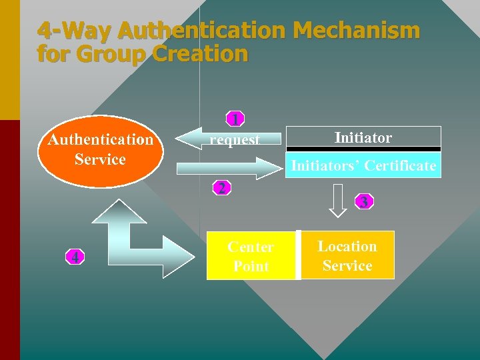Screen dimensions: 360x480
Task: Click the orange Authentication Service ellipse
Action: point(100,149)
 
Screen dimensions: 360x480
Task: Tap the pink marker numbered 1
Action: point(234,120)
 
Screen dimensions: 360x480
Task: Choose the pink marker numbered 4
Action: point(77,257)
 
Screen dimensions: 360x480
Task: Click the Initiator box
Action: point(363,137)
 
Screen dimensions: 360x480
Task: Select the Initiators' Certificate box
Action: point(363,165)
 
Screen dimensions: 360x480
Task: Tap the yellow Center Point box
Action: point(251,255)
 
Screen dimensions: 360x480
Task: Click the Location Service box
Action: point(347,255)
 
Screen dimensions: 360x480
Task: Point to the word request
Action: point(235,140)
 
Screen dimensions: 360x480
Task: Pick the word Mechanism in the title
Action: point(356,31)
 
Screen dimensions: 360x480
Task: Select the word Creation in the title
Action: point(200,54)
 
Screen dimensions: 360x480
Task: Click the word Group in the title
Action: point(113,54)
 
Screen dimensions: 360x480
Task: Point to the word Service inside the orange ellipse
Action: point(100,159)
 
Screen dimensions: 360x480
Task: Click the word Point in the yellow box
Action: point(251,266)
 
